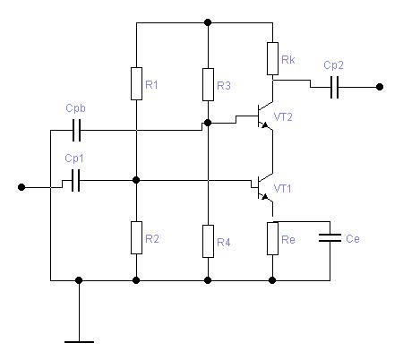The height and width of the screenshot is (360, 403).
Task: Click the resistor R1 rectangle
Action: pos(136,83)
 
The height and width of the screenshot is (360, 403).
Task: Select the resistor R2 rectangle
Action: pos(136,237)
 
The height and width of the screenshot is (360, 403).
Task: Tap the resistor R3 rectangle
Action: pos(208,84)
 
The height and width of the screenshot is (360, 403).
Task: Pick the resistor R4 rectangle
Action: pos(208,241)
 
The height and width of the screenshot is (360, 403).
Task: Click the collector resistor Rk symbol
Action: pos(272,58)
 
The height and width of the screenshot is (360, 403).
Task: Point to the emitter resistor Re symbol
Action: pos(272,238)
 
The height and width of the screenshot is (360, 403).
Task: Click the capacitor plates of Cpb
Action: pos(76,130)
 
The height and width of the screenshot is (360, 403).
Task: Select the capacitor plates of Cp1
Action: pos(76,180)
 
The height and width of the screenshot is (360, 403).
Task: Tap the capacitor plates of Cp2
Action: pos(335,87)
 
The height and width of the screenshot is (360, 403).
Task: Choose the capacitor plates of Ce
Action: pos(330,238)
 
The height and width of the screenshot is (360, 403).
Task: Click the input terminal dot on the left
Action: pos(21,187)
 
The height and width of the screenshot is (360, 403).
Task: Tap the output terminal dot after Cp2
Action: pos(380,87)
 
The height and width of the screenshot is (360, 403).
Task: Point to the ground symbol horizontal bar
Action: pos(79,342)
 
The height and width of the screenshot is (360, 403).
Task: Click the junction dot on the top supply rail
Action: pos(208,22)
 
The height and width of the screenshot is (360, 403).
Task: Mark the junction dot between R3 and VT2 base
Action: pos(208,123)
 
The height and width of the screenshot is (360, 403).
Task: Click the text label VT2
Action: pos(283,117)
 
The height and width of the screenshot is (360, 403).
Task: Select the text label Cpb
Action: pos(75,108)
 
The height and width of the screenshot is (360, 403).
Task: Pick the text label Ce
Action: pos(353,238)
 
